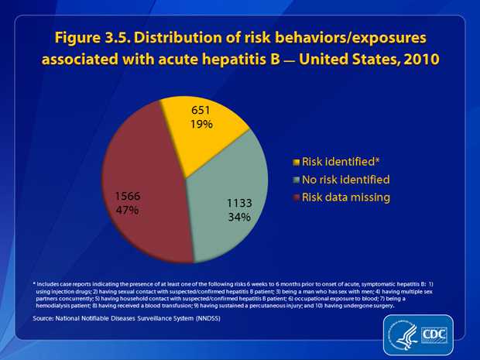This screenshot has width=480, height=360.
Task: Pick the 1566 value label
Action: [129, 197]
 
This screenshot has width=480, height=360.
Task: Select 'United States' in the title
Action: [328, 63]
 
